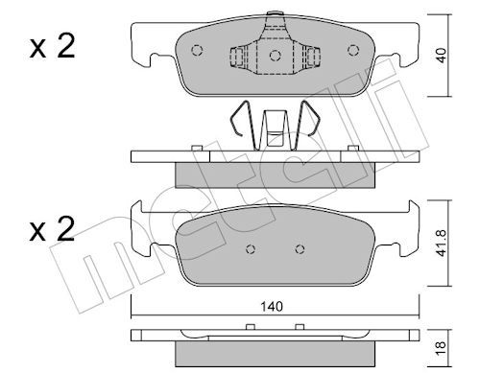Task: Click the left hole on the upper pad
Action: [197, 51]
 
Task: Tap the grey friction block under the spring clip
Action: [276, 172]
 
